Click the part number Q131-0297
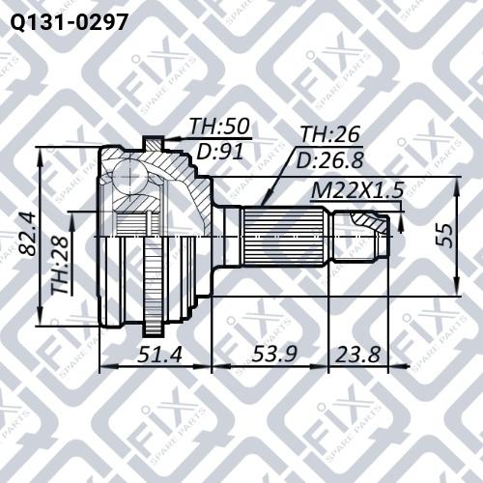[x=65, y=18]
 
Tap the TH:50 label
[x=218, y=127]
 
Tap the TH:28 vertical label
[x=61, y=268]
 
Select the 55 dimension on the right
[x=443, y=237]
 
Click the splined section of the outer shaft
[x=287, y=235]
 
